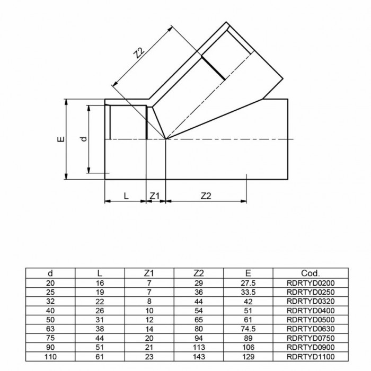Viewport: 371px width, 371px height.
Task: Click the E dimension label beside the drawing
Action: (61, 139)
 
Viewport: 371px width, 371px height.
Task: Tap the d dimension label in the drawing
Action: (84, 139)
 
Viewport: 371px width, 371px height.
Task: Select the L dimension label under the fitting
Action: (126, 196)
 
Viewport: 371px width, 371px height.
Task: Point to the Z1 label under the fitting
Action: (155, 196)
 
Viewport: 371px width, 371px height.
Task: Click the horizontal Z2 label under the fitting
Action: (206, 196)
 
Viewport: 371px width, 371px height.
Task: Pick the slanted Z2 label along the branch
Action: (139, 53)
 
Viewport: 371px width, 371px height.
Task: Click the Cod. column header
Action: (311, 273)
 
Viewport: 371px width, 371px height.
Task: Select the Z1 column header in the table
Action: (149, 273)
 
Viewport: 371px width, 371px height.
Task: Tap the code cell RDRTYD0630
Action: (311, 329)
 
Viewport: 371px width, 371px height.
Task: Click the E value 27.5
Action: (248, 283)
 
